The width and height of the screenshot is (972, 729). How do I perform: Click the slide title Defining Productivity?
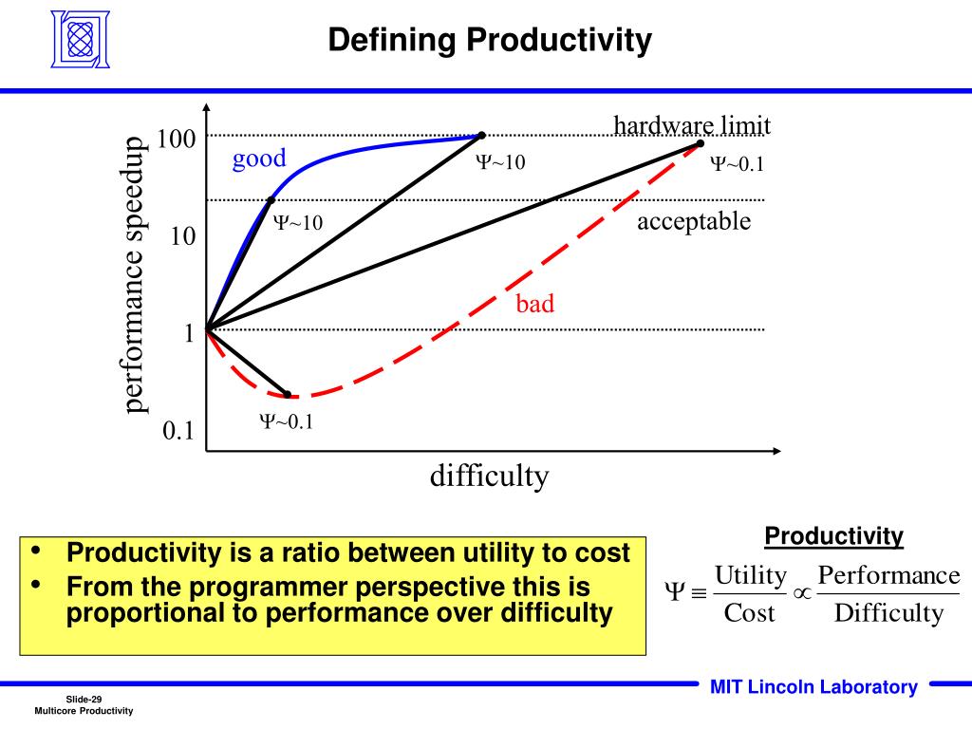[490, 41]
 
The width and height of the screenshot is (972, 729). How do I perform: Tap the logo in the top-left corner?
[82, 41]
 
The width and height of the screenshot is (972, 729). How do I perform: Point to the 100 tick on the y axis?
[177, 140]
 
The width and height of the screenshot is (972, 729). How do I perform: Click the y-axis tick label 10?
[182, 235]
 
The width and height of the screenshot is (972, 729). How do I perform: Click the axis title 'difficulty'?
[489, 475]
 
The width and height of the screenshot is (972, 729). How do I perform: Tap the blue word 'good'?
[259, 159]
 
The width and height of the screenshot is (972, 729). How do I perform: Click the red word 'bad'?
[534, 304]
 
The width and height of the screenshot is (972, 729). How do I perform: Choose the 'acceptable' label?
[694, 221]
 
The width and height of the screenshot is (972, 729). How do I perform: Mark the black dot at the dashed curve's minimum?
[287, 394]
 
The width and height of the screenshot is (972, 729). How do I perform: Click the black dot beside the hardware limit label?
[701, 143]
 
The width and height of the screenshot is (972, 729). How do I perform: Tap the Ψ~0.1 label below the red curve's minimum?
[287, 422]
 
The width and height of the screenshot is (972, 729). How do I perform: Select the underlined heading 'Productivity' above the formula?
[834, 536]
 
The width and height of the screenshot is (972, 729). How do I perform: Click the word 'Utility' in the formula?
[751, 575]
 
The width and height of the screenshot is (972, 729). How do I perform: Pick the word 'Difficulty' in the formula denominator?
[888, 613]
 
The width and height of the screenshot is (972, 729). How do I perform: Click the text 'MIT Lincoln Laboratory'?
[813, 687]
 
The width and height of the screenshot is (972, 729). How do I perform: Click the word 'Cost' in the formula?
[750, 613]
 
